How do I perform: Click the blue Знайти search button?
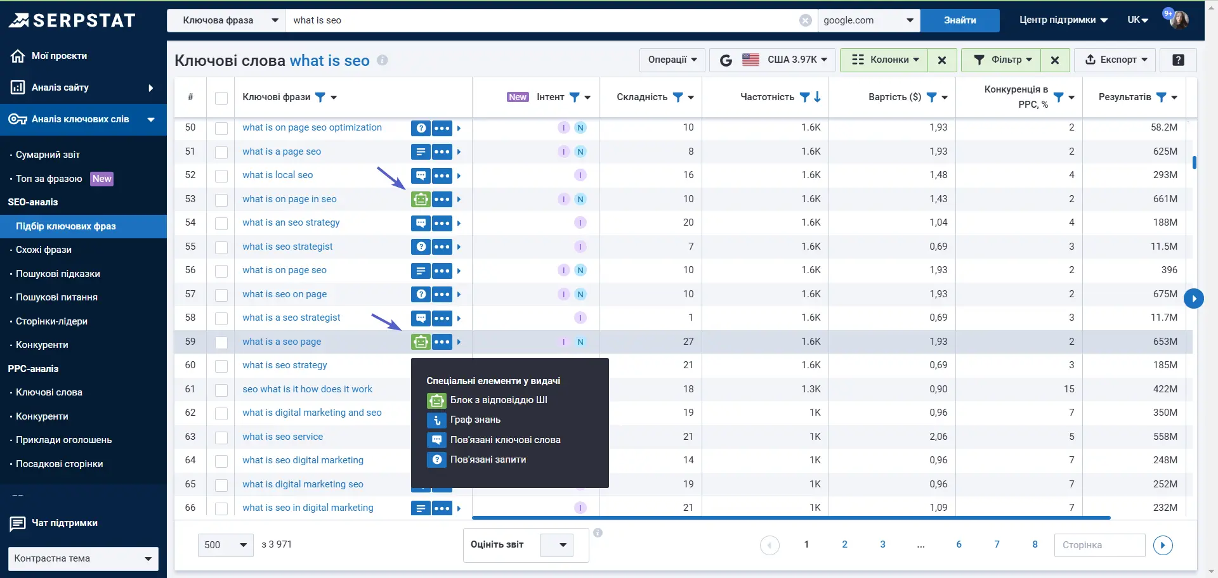tap(959, 20)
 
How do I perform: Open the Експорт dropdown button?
tap(1116, 60)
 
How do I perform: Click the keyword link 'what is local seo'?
tap(277, 175)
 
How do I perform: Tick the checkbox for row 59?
tap(221, 342)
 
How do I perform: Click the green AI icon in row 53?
tap(420, 199)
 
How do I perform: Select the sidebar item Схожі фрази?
tap(44, 250)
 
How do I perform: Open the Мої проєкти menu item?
tap(59, 56)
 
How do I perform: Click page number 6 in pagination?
tap(959, 544)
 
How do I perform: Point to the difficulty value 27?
tap(688, 342)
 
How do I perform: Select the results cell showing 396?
tap(1169, 270)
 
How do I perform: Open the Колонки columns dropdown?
tap(886, 60)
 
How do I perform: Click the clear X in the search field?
tap(805, 20)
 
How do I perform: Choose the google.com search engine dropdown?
tap(868, 20)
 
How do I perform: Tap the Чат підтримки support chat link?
tap(64, 523)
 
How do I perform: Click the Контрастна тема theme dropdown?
tap(83, 558)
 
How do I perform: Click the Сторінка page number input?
tap(1099, 545)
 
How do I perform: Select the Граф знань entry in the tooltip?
tap(475, 420)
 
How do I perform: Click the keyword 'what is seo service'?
tap(282, 437)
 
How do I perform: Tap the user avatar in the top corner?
tap(1179, 20)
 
